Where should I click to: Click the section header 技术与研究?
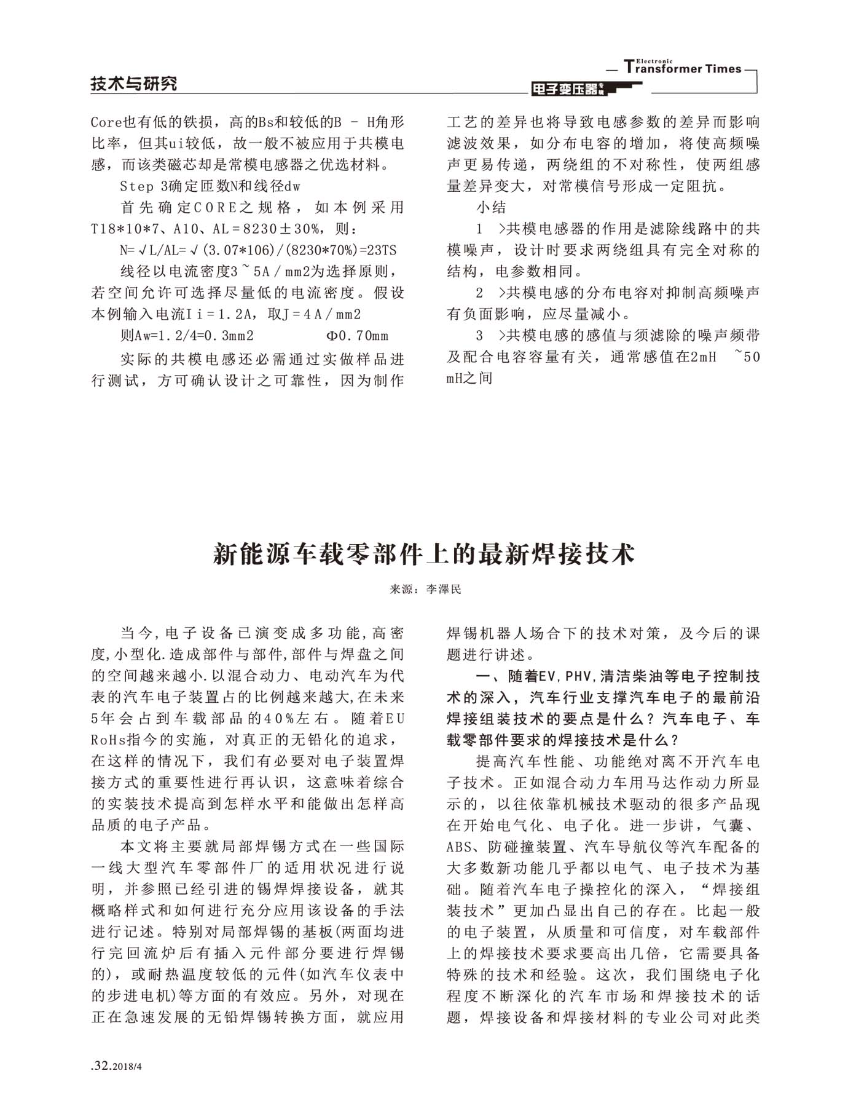coord(133,84)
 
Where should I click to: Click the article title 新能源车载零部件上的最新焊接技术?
coord(424,554)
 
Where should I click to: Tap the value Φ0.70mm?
coord(357,336)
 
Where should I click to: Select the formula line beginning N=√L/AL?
coord(258,250)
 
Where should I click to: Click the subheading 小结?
coord(491,207)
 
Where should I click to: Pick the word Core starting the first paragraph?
coord(107,122)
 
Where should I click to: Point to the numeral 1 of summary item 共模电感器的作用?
coord(479,229)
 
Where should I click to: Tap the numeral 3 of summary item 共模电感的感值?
coord(479,336)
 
